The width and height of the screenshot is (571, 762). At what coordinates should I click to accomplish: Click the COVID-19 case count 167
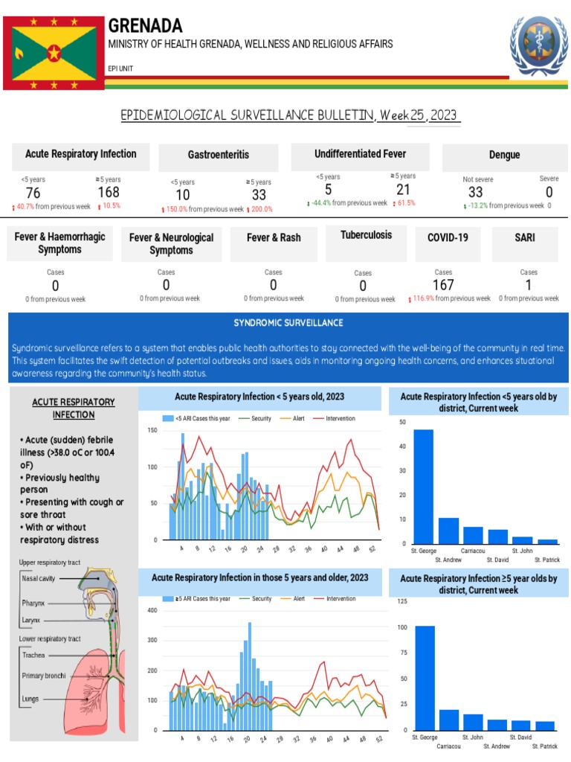coord(443,285)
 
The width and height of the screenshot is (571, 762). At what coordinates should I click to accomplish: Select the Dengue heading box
coord(504,155)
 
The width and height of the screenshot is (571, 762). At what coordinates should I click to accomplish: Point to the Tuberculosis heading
coord(366,235)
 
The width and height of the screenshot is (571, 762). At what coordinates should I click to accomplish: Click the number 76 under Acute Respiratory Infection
coord(33,193)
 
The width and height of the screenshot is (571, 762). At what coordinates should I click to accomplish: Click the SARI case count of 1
coord(529,285)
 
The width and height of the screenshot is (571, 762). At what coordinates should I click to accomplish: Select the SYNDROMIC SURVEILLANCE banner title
coord(288,323)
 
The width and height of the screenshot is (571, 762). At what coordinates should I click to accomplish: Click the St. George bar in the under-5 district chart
coord(423,487)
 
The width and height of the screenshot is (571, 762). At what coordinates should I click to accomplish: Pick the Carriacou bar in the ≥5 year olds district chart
coord(448,720)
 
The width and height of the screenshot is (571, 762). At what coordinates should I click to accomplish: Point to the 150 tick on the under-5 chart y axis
coord(152,430)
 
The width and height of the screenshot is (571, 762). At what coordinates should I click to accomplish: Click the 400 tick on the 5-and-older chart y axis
coord(152,611)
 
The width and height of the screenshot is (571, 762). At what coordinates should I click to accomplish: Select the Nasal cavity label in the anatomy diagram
coord(36,577)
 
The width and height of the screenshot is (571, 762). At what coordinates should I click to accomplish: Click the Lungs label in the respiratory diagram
coord(30,699)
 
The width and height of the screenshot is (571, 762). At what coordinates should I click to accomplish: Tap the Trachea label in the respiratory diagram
coord(33,655)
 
